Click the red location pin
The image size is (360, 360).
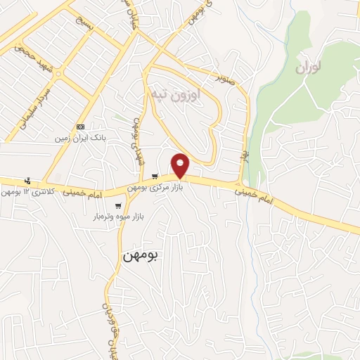181,165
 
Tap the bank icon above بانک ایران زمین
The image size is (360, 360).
79,127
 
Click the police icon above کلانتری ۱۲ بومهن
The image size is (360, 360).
27,180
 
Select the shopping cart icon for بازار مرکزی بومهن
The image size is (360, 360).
155,176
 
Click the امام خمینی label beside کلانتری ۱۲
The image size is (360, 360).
83,191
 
